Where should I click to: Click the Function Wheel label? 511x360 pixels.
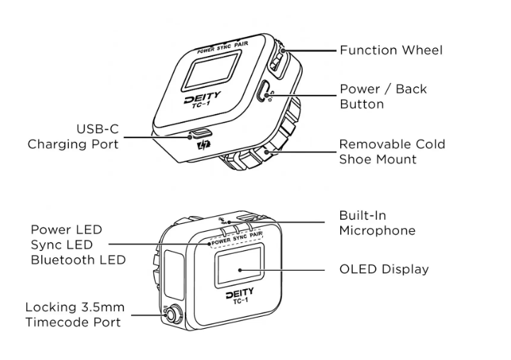(x=391, y=50)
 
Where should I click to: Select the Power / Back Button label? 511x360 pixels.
(x=383, y=96)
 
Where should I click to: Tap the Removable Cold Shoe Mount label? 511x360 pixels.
(x=391, y=152)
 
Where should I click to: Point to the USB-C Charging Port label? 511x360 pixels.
(x=73, y=137)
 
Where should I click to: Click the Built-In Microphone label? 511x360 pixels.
(x=376, y=223)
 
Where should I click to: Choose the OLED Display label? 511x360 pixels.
(x=383, y=269)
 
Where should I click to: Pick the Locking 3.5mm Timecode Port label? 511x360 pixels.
(x=73, y=315)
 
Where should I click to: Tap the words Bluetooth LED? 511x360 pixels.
(x=78, y=259)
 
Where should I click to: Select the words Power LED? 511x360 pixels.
(x=67, y=230)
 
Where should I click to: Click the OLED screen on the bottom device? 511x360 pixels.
(x=240, y=269)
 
